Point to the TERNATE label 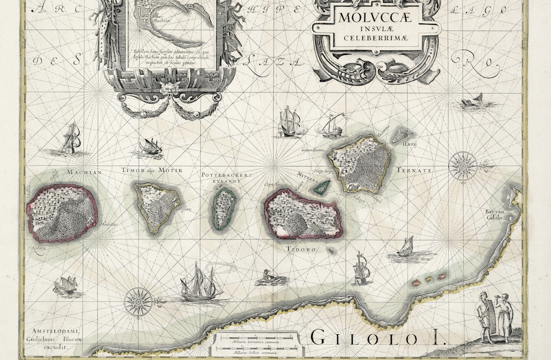click(414, 171)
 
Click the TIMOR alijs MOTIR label click(152, 171)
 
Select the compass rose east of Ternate click(463, 166)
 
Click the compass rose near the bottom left click(138, 301)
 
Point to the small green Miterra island click(321, 187)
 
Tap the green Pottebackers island click(224, 209)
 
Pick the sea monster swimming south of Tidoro click(271, 279)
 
